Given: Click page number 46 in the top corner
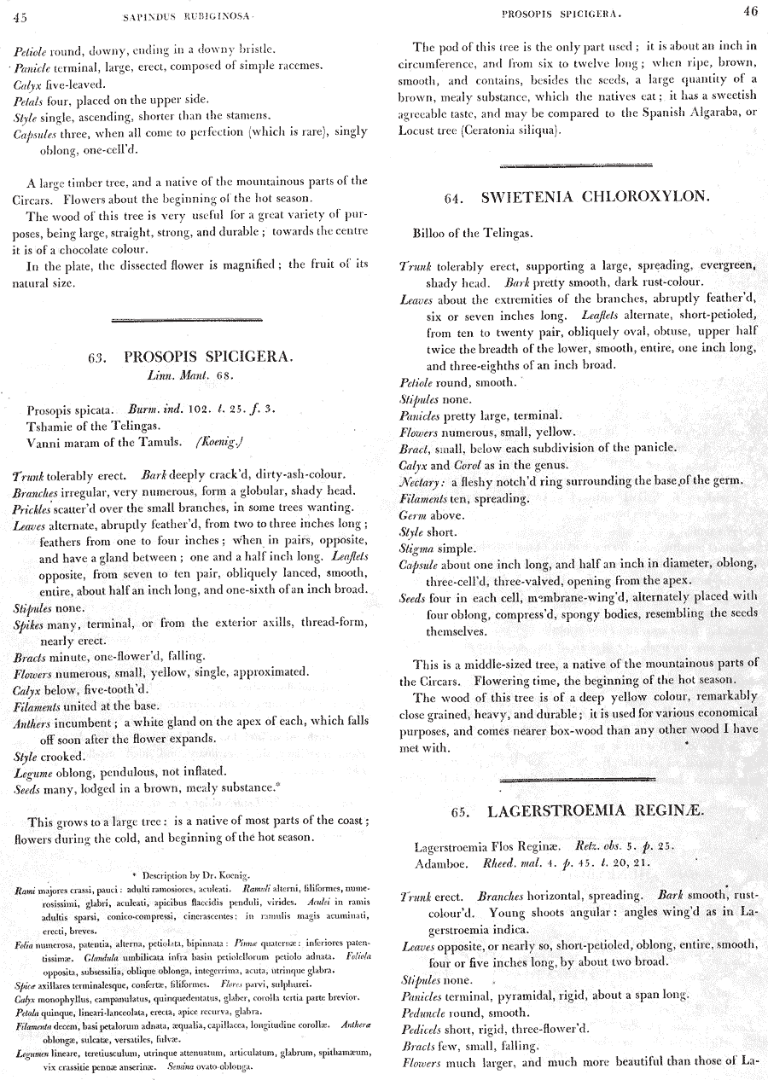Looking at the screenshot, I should click(x=749, y=12).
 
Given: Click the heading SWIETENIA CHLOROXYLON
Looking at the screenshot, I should click(x=595, y=196).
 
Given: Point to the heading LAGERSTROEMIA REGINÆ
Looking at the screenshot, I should click(x=596, y=810).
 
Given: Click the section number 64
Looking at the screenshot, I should click(x=454, y=198).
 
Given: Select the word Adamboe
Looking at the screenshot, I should click(x=441, y=862).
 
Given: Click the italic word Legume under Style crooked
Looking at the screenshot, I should click(x=35, y=773).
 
